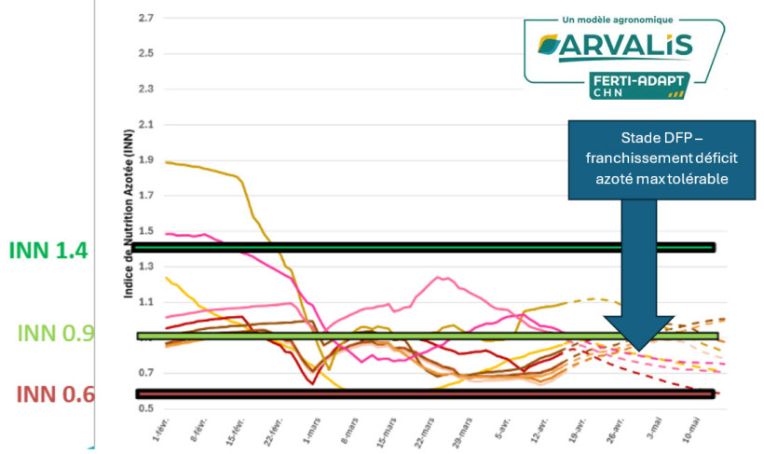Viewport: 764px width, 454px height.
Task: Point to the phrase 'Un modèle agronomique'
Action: click(x=620, y=19)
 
